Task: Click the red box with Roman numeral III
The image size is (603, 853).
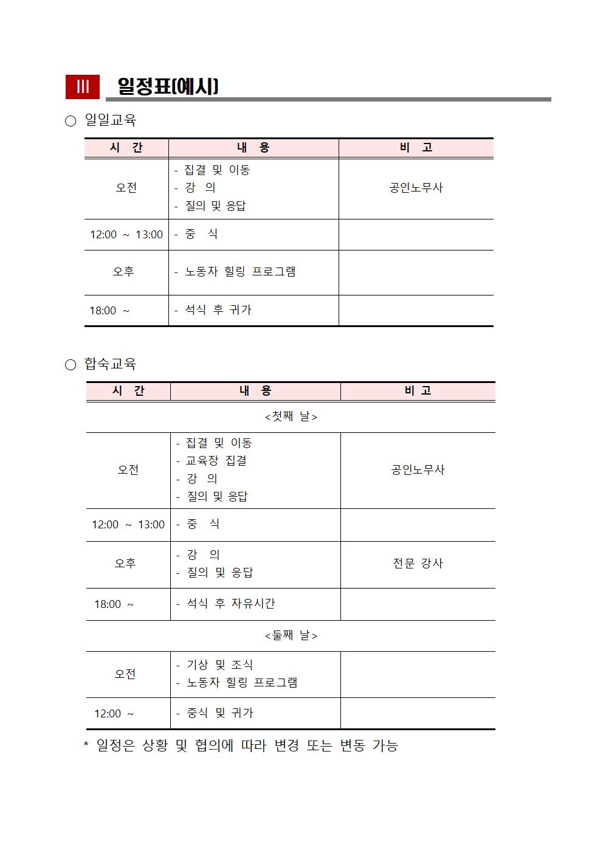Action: point(82,86)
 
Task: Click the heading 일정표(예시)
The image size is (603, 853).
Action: point(168,86)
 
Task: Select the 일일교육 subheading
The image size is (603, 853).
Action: point(110,120)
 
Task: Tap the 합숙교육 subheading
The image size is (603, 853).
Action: point(110,364)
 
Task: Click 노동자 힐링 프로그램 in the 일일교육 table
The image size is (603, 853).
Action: point(240,272)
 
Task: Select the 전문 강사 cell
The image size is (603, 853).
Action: point(418,564)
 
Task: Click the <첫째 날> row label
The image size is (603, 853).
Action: point(291,416)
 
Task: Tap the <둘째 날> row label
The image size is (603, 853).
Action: point(291,635)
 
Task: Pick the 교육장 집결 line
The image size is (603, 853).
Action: point(216,461)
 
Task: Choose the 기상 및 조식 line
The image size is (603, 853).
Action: point(219,665)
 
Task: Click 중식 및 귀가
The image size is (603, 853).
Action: point(219,713)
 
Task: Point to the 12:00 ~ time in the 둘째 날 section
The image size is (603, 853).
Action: point(114,714)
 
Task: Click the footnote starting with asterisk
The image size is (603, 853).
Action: point(241,745)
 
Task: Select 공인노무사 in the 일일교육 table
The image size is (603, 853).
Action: point(416,188)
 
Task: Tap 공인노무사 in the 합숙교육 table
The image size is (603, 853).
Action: point(418,470)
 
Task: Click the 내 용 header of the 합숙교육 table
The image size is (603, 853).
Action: point(255,391)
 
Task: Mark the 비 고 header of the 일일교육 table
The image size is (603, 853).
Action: point(416,148)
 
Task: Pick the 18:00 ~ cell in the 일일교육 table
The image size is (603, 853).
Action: point(109,311)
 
